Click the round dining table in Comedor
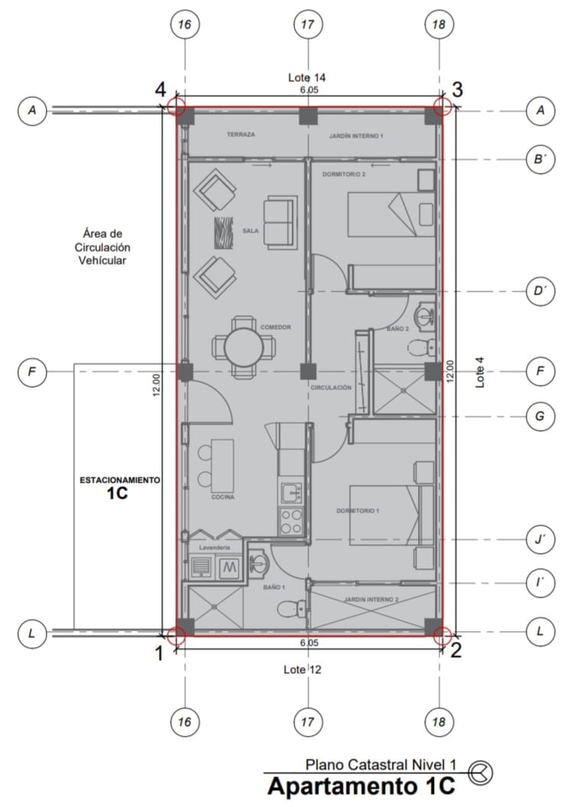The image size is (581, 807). point(243,347)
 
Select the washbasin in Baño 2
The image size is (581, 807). point(425,315)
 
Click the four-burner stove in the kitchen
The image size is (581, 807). point(290,521)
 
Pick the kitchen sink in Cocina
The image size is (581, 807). point(290,493)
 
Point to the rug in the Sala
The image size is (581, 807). point(223,232)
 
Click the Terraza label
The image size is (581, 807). point(241,135)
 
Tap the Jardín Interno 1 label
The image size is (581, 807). point(356,136)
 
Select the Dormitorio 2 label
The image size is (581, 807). point(344,174)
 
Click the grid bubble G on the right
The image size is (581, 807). point(540,416)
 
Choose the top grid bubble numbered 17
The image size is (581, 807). point(308,24)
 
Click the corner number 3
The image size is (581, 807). point(457,89)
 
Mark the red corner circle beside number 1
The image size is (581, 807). point(176,635)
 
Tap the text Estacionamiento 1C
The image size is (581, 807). point(119,486)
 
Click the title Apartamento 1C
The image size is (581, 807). point(361,786)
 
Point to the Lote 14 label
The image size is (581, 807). point(307,78)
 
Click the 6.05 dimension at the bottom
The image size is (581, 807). point(309,643)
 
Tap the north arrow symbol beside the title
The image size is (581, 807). point(481,773)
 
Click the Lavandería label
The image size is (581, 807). point(215,548)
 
